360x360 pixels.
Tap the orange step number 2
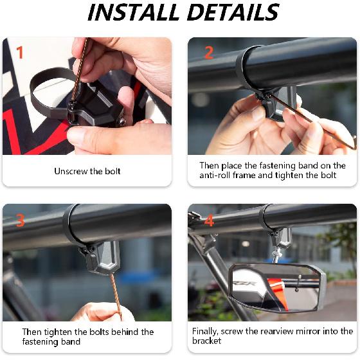coord(208,52)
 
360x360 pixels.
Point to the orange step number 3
coord(20,221)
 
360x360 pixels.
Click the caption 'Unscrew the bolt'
coord(87,171)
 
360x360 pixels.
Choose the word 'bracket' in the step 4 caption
coord(207,341)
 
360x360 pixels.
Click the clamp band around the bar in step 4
coord(269,219)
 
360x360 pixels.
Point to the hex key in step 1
coord(78,71)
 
